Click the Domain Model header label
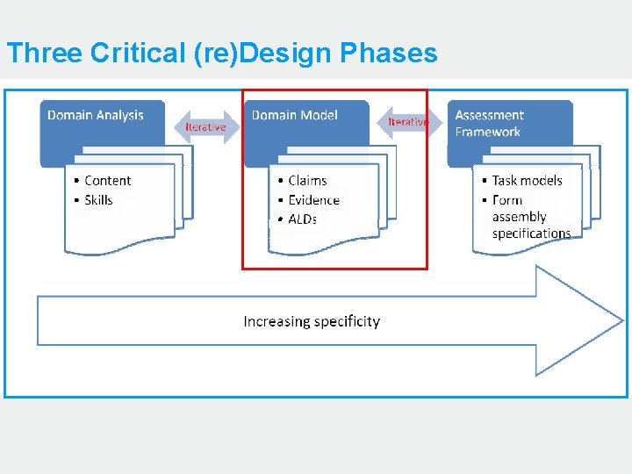pyautogui.click(x=295, y=115)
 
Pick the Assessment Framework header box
pyautogui.click(x=509, y=132)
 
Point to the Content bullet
pyautogui.click(x=107, y=181)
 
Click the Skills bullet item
pyautogui.click(x=98, y=200)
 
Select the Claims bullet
pyautogui.click(x=307, y=181)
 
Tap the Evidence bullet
pyautogui.click(x=313, y=200)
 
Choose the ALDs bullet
pyautogui.click(x=303, y=219)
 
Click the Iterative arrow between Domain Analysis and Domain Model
pyautogui.click(x=205, y=127)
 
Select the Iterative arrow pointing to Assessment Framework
pyautogui.click(x=408, y=122)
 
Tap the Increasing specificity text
pyautogui.click(x=312, y=321)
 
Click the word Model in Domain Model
pyautogui.click(x=319, y=115)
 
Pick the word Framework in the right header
pyautogui.click(x=487, y=133)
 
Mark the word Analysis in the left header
pyautogui.click(x=119, y=115)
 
